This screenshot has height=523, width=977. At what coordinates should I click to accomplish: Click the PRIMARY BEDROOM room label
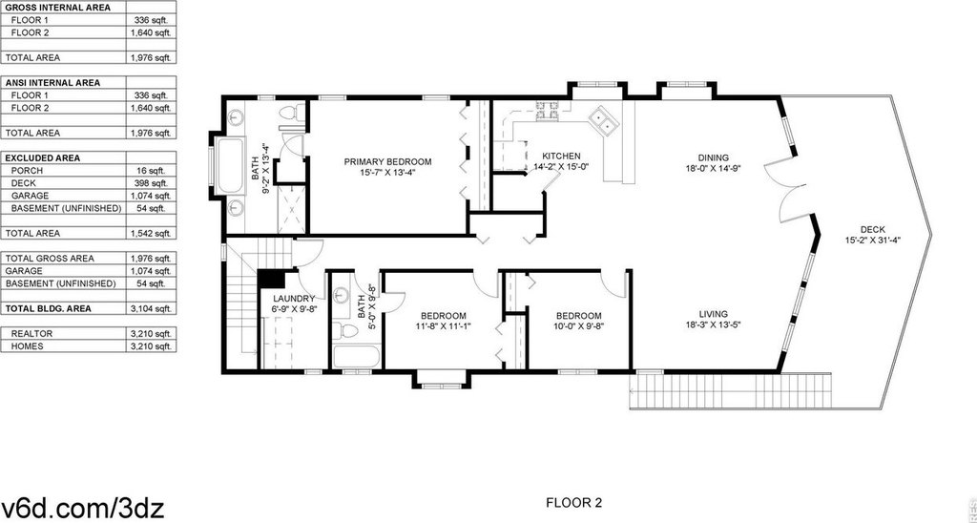coord(387,161)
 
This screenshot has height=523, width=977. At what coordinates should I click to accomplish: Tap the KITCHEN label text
coord(561,156)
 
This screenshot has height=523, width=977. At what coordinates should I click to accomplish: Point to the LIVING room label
coord(713,314)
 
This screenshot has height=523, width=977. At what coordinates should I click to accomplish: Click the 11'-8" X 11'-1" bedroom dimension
coord(443,325)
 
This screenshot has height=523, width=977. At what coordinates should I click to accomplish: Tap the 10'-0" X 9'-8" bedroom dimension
coord(579,325)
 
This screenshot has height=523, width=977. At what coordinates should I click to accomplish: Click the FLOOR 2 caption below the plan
coord(573,502)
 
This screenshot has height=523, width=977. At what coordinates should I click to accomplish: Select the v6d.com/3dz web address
coord(82,508)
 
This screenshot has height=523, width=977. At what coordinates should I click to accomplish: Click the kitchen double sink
coord(603,119)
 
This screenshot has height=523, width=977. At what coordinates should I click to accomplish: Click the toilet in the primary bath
coord(290,115)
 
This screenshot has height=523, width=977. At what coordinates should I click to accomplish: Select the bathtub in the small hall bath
coord(353,355)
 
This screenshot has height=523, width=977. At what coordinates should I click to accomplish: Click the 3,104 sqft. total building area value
coord(150,308)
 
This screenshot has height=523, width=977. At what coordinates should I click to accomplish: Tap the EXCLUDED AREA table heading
coord(43,157)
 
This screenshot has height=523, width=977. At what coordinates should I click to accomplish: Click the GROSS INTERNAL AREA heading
coord(58,8)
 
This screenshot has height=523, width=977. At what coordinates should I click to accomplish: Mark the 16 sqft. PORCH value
coord(152,171)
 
